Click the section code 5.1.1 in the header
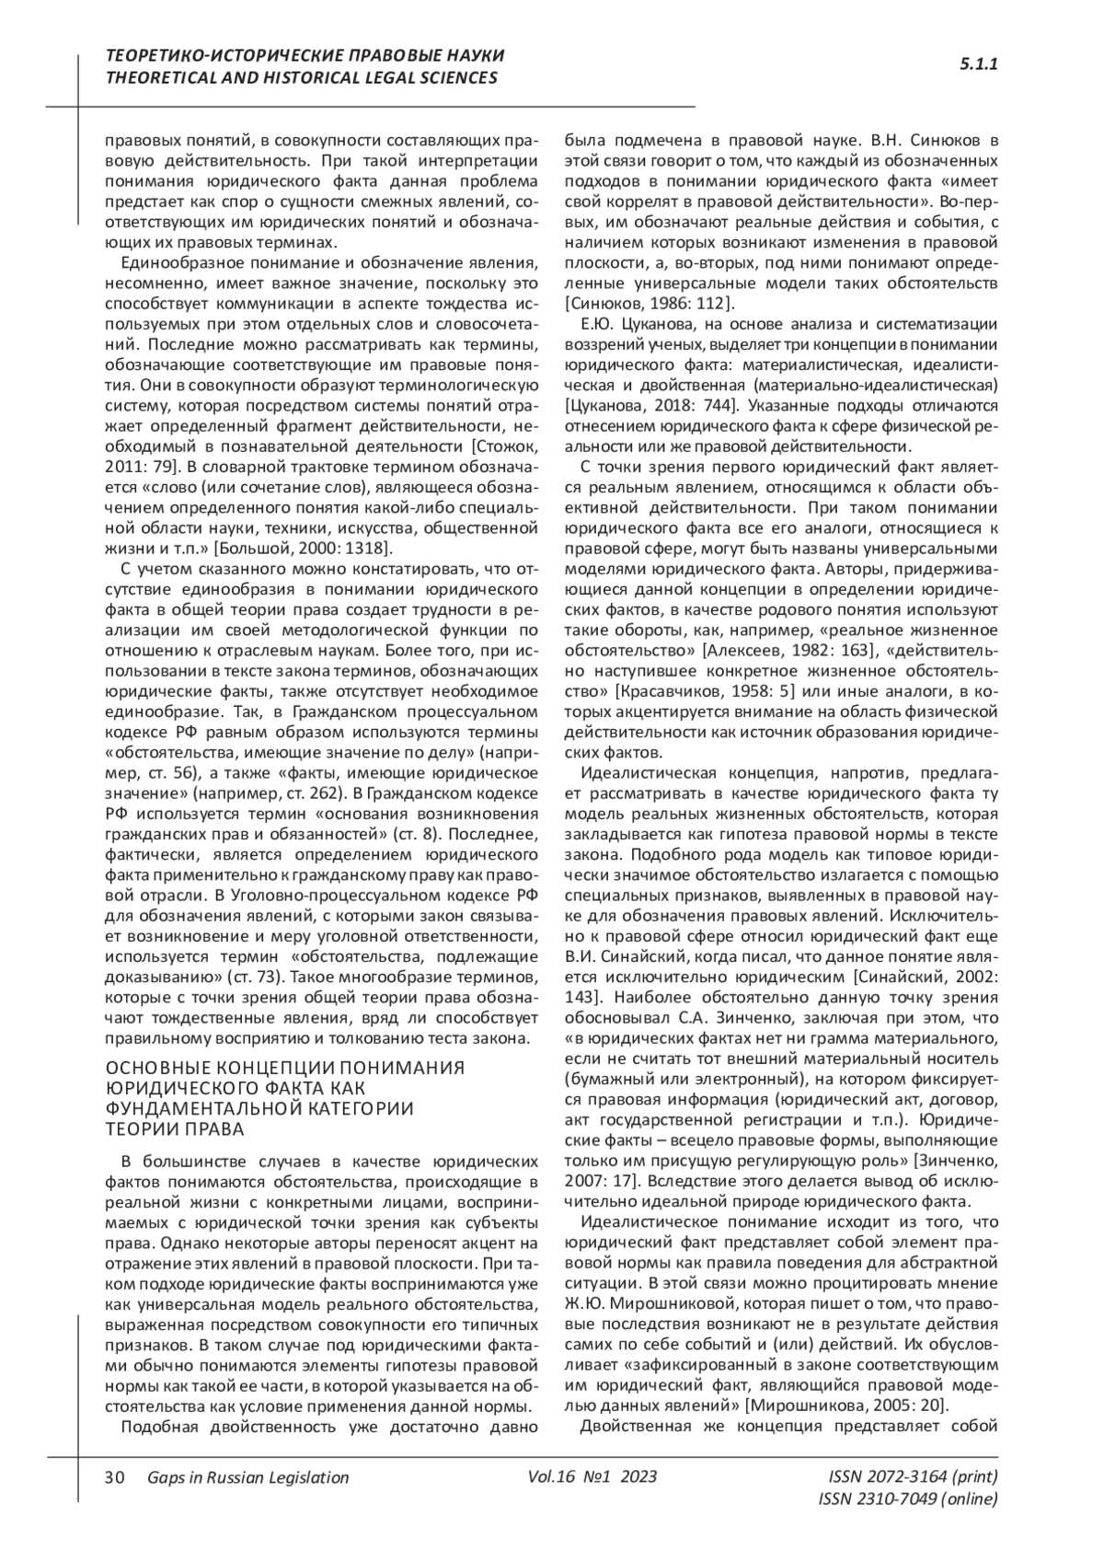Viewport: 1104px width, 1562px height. pyautogui.click(x=979, y=64)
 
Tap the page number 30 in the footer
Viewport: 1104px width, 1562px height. pyautogui.click(x=115, y=1477)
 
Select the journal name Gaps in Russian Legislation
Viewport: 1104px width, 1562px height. pyautogui.click(x=247, y=1477)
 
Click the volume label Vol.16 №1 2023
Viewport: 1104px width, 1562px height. pyautogui.click(x=592, y=1476)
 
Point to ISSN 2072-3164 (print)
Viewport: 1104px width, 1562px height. pyautogui.click(x=913, y=1476)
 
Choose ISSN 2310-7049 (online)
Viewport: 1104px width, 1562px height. pyautogui.click(x=907, y=1499)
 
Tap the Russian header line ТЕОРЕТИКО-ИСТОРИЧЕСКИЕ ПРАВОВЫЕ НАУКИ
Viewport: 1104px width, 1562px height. pyautogui.click(x=305, y=56)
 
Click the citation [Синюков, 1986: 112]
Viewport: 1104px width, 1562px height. pyautogui.click(x=648, y=303)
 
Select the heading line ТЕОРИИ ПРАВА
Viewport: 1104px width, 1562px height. pyautogui.click(x=175, y=1129)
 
